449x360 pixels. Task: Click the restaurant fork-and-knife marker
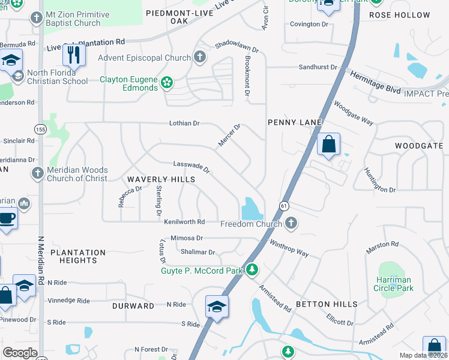(x=74, y=55)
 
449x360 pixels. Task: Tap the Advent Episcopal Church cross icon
(x=200, y=58)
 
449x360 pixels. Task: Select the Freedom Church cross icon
(x=291, y=224)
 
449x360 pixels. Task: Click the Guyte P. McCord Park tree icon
(x=253, y=271)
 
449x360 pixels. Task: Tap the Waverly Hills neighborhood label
(x=161, y=179)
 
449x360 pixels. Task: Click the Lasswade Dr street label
(x=191, y=167)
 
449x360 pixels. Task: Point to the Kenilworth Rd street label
(x=184, y=221)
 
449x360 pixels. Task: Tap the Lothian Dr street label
(x=184, y=123)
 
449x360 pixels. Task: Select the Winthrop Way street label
(x=289, y=249)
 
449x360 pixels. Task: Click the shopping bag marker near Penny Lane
(x=328, y=145)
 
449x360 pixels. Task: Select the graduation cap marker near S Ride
(x=217, y=307)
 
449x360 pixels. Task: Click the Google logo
(x=20, y=353)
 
